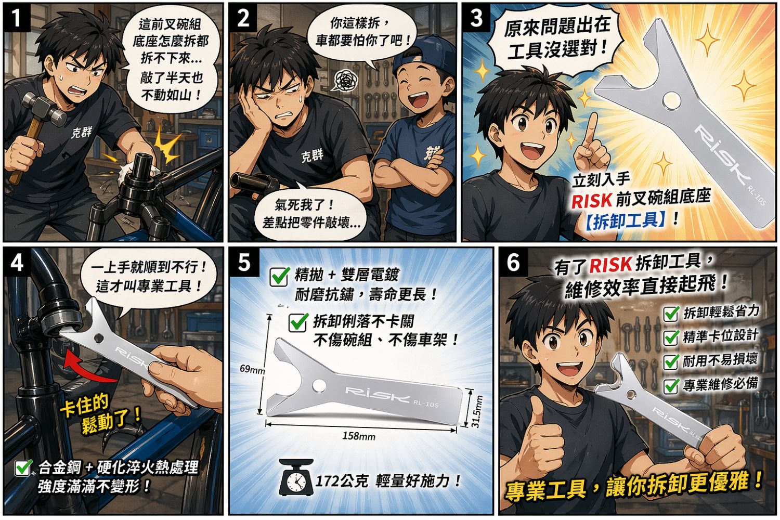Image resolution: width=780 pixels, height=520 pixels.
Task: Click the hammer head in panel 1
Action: tap(44, 109)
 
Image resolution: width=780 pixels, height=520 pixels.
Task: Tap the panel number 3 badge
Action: tap(476, 18)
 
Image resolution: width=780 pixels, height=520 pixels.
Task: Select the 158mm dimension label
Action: tap(359, 436)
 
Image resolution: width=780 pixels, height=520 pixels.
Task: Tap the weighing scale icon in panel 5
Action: tap(296, 477)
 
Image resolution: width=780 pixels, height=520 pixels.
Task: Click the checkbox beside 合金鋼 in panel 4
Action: tap(23, 467)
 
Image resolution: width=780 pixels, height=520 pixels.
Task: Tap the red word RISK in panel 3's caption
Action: tap(592, 200)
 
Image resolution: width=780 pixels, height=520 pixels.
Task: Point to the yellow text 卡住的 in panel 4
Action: tap(85, 406)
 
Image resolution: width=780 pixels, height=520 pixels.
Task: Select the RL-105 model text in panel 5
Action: tap(425, 404)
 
